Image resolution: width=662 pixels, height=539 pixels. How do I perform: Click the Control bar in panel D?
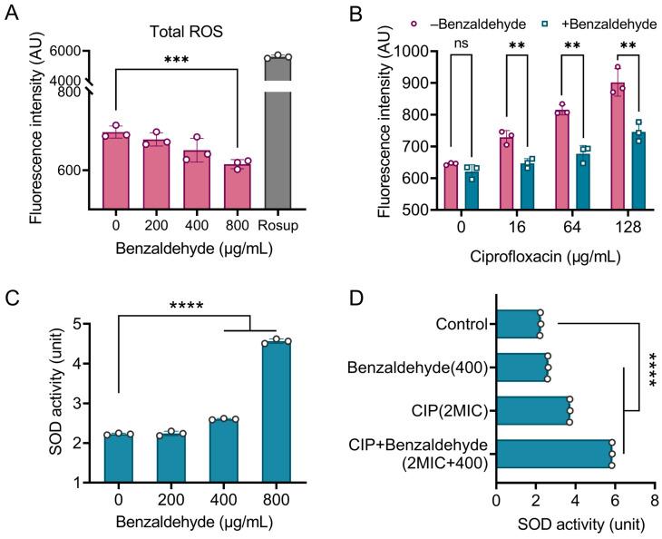click(519, 322)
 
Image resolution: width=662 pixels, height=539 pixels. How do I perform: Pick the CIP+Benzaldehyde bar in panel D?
click(554, 455)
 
